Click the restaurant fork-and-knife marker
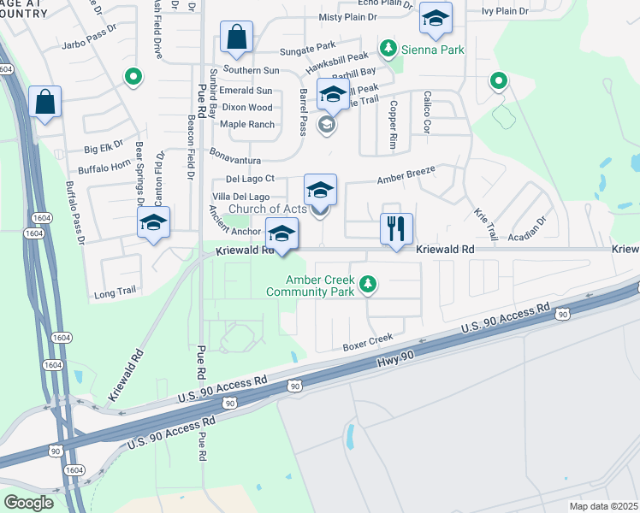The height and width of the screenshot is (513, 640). pyautogui.click(x=396, y=229)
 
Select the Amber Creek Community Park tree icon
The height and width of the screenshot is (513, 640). pyautogui.click(x=368, y=283)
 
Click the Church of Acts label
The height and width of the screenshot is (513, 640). pyautogui.click(x=265, y=209)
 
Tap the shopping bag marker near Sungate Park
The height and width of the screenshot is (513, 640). pyautogui.click(x=235, y=38)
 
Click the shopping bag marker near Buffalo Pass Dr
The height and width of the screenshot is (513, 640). pyautogui.click(x=44, y=102)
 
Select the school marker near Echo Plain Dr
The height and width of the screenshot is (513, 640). pyautogui.click(x=436, y=18)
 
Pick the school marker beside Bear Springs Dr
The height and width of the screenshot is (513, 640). pyautogui.click(x=153, y=223)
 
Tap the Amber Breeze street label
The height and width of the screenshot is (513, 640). pyautogui.click(x=407, y=175)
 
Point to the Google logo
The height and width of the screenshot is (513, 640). pyautogui.click(x=28, y=503)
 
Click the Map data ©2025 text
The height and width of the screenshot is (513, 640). pyautogui.click(x=604, y=506)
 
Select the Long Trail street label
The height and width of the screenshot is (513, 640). pyautogui.click(x=116, y=292)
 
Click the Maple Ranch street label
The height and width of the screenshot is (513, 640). pyautogui.click(x=246, y=125)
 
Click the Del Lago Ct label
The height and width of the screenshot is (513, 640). pyautogui.click(x=250, y=179)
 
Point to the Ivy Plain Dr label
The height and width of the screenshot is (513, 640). pyautogui.click(x=506, y=11)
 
